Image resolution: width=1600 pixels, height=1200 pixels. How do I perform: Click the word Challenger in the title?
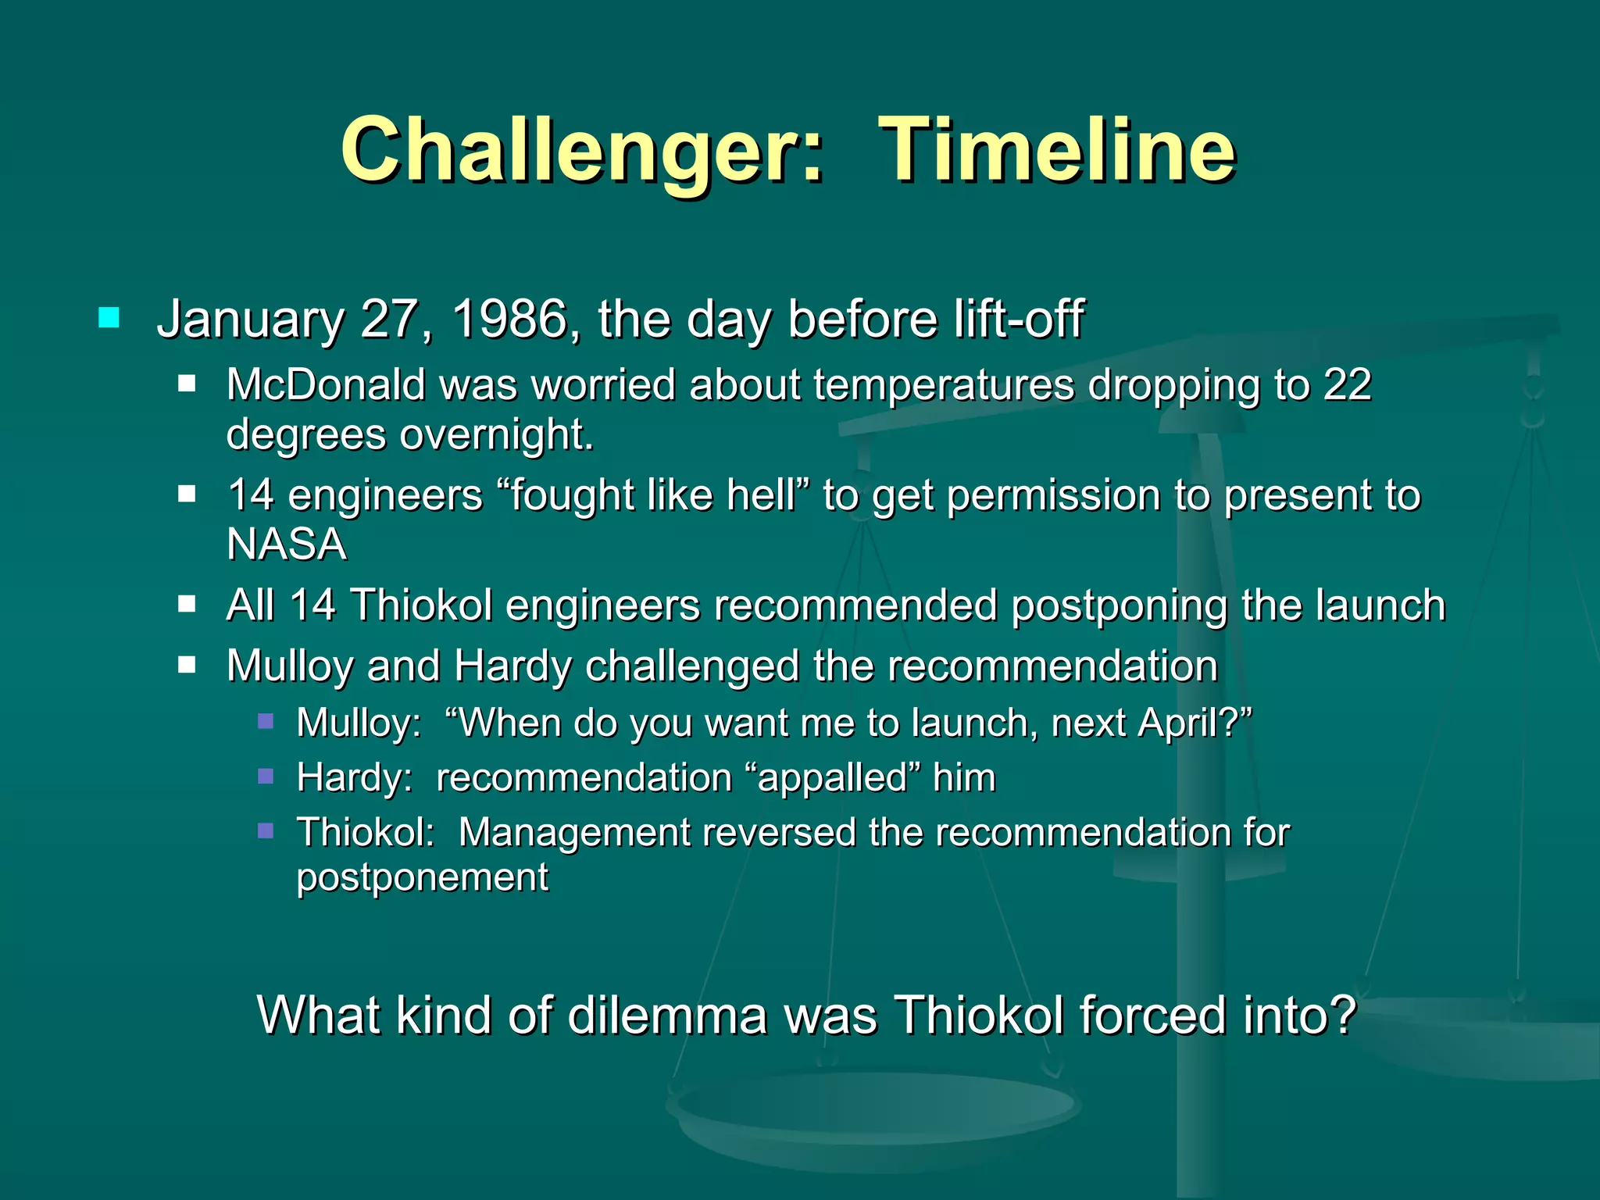(x=581, y=150)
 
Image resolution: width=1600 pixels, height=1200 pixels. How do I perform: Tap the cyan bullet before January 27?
(x=109, y=318)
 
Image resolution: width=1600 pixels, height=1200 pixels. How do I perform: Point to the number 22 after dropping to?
(x=1347, y=385)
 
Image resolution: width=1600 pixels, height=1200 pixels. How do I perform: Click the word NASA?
(x=286, y=545)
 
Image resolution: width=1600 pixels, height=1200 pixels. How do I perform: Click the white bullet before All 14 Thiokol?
(x=186, y=604)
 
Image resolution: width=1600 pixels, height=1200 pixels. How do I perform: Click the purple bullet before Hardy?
(x=266, y=776)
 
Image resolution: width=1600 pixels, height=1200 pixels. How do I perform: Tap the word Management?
(x=574, y=833)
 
